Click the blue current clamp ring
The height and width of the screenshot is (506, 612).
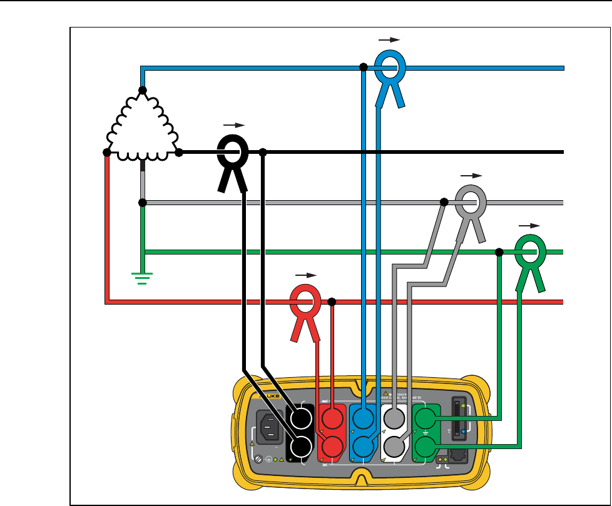[x=391, y=67]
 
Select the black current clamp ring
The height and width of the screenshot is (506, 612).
[x=233, y=152]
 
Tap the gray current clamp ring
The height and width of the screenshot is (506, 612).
[x=471, y=202]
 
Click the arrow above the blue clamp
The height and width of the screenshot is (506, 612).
[x=389, y=39]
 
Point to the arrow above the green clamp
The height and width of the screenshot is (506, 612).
[x=529, y=224]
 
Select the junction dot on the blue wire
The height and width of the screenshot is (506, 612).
[x=363, y=67]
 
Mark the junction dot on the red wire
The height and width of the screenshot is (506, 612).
[x=332, y=302]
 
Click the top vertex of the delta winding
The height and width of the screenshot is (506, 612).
[x=143, y=91]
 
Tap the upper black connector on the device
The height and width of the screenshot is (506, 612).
[x=301, y=417]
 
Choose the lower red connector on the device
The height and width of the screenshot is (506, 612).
[x=332, y=446]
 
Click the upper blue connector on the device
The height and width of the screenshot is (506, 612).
[x=364, y=417]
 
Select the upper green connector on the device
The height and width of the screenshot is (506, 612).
[x=426, y=417]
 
